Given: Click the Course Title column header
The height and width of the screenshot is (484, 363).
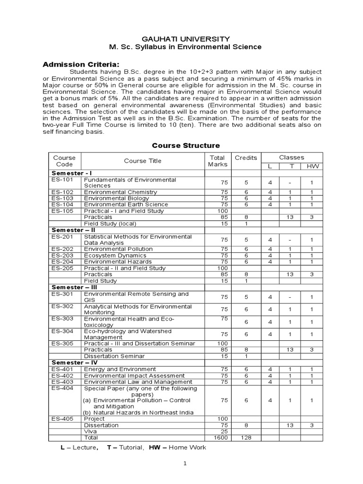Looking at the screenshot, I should coord(142,161).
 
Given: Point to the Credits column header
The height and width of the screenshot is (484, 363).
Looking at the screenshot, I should coord(246,157).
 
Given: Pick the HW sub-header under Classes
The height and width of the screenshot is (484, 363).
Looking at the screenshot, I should coord(312,166).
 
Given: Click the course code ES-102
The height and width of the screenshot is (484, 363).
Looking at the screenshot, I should coord(63,192).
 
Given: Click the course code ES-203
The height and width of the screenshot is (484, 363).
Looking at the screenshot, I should coord(63,256).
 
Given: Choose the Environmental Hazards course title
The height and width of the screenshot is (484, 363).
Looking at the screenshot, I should coord(118,262).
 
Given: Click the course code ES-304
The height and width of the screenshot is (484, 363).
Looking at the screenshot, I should coord(63,332).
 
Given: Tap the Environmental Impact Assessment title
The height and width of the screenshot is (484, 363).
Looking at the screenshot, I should coord(131,376).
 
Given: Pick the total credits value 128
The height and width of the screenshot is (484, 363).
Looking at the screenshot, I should coord(246,438).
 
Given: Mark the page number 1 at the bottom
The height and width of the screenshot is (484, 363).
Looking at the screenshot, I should coord(186,464).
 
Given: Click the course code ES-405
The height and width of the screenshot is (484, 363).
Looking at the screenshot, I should coord(63,419).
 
